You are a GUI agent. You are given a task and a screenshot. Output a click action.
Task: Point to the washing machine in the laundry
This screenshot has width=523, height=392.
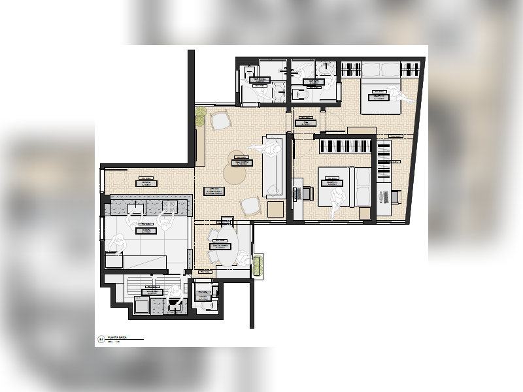point(142,305)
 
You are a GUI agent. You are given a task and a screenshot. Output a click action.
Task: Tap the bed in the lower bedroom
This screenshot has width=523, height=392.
point(344,186)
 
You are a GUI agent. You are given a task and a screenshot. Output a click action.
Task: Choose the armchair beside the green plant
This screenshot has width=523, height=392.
point(220,120)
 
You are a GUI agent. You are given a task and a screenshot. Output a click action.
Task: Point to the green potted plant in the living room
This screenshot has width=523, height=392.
point(201,112)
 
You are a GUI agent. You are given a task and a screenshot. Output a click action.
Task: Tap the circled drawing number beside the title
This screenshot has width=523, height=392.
point(101,339)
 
